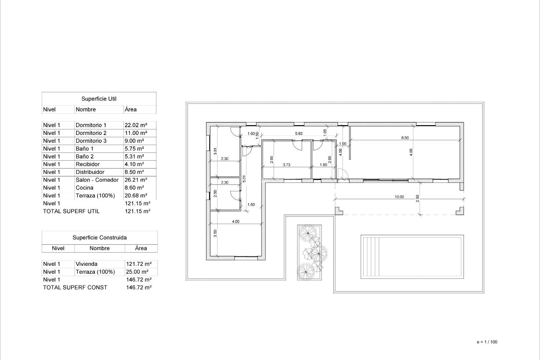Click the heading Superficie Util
99,99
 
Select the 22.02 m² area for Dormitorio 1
136,125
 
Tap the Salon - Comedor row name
97,180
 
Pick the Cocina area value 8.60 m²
134,188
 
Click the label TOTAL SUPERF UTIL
71,211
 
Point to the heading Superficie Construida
100,238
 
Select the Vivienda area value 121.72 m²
139,264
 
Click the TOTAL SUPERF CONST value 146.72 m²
139,288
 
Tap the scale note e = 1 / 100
487,342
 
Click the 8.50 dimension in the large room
405,138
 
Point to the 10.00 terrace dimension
399,197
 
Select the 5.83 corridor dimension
299,134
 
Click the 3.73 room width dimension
286,165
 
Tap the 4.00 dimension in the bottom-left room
235,222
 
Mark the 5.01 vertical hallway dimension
244,179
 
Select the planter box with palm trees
309,252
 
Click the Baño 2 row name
84,157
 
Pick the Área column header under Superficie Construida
141,248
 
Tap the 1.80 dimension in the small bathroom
323,165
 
